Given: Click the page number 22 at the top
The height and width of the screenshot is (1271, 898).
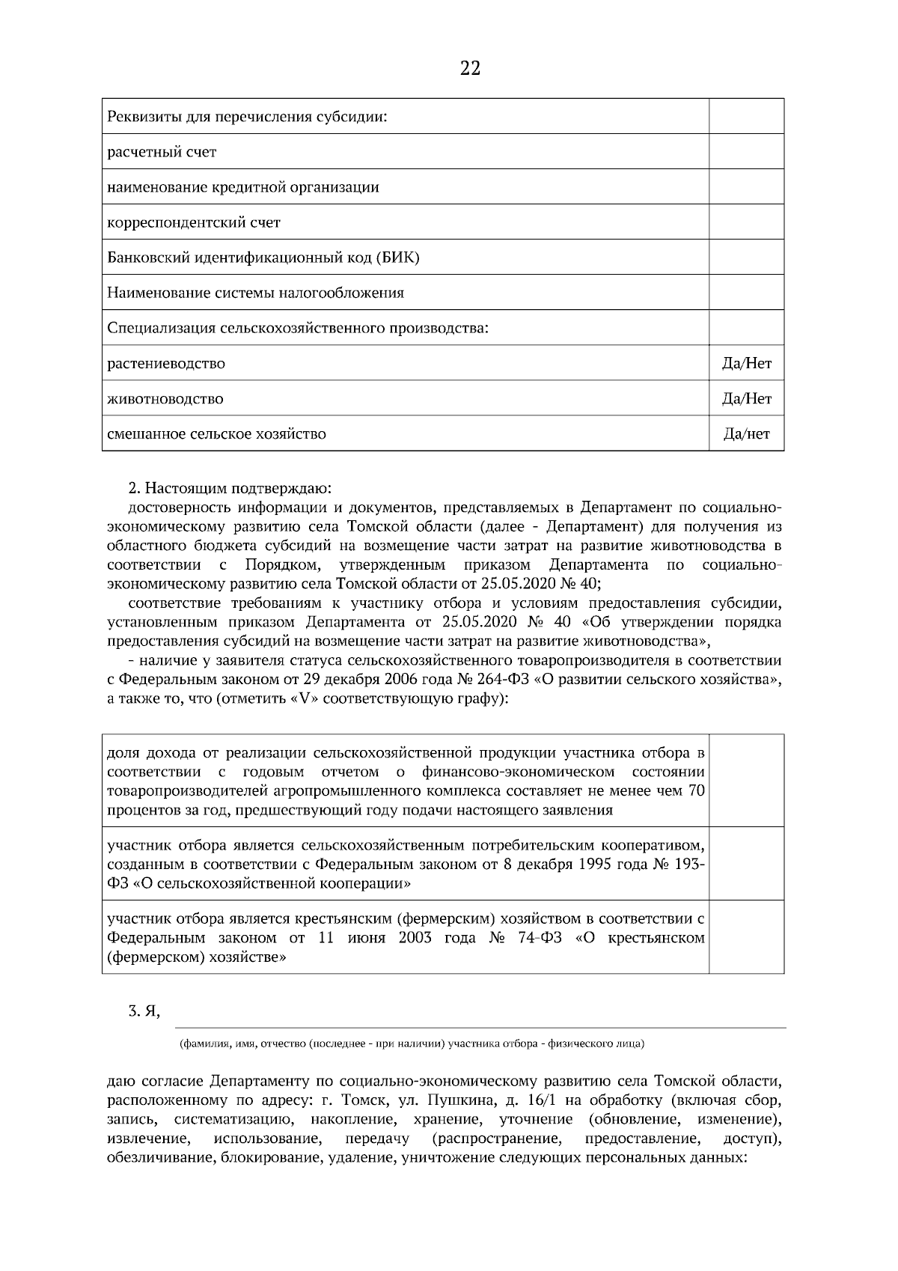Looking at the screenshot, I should tap(470, 69).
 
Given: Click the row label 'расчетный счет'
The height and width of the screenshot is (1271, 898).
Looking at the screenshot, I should tap(162, 152).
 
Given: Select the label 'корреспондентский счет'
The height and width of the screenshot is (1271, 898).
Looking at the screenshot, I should tap(194, 222).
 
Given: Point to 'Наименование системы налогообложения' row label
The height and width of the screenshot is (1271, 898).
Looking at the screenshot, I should tap(256, 293).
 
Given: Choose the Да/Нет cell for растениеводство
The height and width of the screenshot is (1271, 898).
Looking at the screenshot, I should tap(746, 364).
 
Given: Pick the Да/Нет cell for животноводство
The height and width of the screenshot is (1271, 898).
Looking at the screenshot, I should tap(746, 399).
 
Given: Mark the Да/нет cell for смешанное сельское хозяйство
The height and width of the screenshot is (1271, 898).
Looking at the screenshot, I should tap(746, 434).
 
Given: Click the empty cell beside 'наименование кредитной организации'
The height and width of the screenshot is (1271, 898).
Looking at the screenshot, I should tap(746, 187).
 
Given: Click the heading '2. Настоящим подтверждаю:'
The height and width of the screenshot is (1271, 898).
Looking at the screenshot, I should tap(229, 490).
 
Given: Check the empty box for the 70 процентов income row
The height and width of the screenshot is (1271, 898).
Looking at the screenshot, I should tap(746, 781).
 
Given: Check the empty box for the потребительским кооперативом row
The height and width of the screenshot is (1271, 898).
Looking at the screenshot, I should tap(746, 864).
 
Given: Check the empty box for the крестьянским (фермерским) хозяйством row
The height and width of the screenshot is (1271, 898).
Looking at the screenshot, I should tap(746, 937).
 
